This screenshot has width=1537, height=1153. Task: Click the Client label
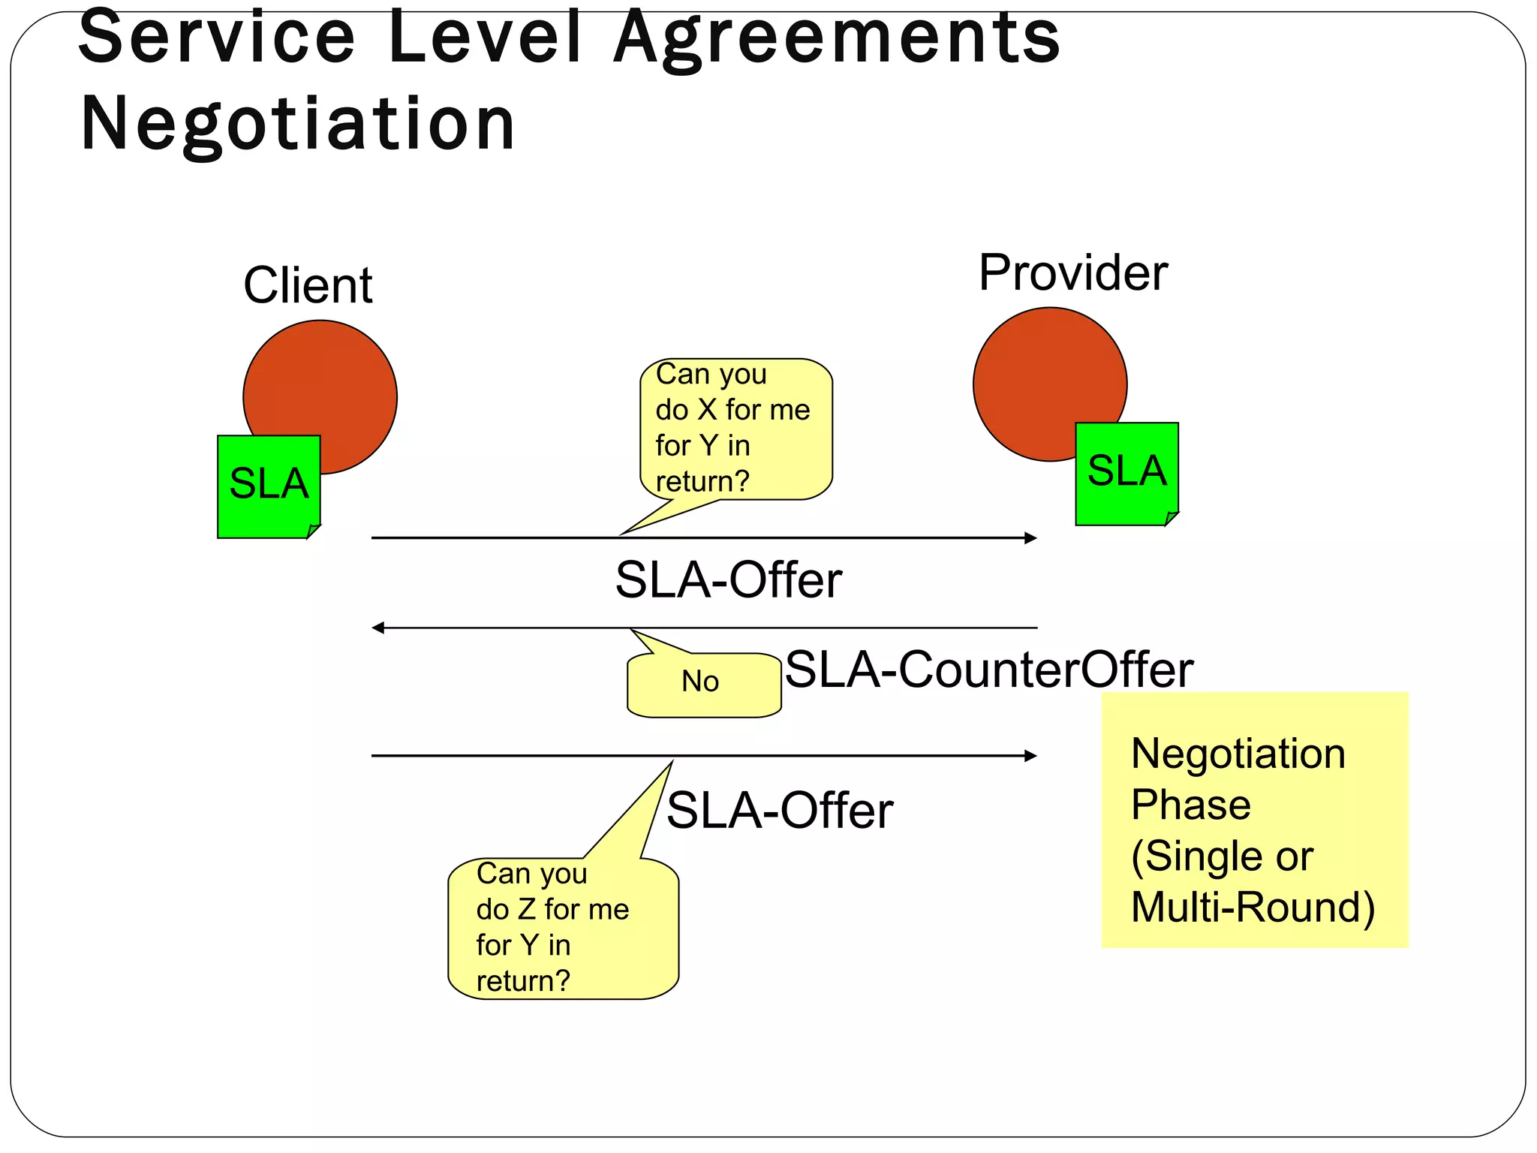click(x=308, y=286)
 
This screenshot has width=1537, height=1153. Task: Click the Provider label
click(x=1072, y=272)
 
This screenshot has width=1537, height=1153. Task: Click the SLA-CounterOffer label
click(x=988, y=670)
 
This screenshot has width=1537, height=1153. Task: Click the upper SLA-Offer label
click(x=728, y=580)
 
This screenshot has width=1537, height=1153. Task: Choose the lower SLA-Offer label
click(x=779, y=811)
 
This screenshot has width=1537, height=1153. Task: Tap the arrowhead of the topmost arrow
click(x=1031, y=537)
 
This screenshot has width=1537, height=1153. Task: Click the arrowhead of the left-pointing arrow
click(x=378, y=628)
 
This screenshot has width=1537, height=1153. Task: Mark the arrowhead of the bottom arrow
click(x=1031, y=756)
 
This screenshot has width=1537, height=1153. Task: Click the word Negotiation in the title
click(x=297, y=124)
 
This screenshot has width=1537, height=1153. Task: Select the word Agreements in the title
click(x=836, y=38)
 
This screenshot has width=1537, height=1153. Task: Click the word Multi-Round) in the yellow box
click(x=1252, y=908)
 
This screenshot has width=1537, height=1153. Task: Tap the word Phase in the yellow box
click(x=1190, y=805)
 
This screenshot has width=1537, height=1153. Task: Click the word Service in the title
click(x=216, y=38)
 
